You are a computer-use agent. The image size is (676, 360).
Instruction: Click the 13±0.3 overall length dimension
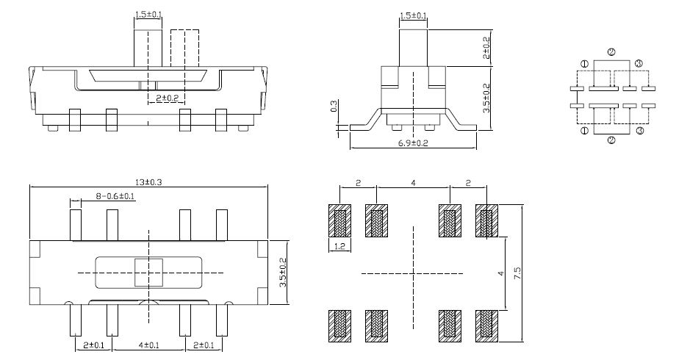(148, 182)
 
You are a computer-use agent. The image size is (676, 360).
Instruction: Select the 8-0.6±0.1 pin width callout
(115, 197)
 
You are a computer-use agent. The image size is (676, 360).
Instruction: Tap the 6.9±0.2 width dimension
(414, 143)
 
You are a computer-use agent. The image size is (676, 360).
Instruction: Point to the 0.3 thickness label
(334, 107)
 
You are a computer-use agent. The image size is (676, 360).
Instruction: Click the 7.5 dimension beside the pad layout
(517, 273)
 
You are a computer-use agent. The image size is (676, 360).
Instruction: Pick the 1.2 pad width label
(339, 246)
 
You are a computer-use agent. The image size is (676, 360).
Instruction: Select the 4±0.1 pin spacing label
(148, 345)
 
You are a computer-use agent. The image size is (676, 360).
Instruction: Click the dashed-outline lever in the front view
(184, 48)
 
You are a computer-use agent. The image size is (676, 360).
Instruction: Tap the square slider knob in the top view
(148, 273)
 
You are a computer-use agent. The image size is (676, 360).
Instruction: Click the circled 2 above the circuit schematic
(611, 53)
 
